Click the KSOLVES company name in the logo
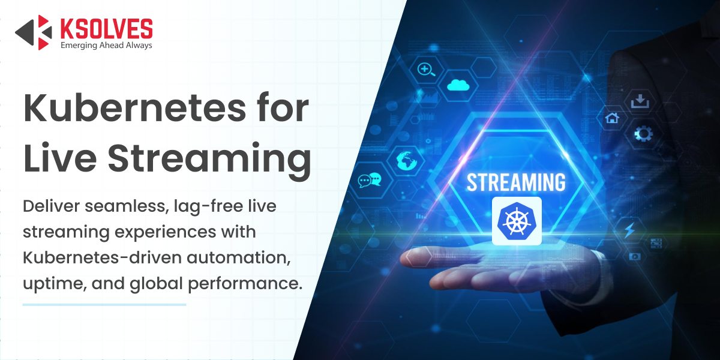coord(107,29)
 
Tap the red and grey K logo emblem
coord(34,32)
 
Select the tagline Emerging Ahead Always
coord(106,46)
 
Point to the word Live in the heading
coord(60,157)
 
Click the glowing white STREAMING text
coord(516,182)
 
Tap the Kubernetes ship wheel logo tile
coord(517,221)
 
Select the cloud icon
coord(458,85)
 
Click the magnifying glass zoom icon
coord(426,70)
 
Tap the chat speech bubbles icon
coord(370,180)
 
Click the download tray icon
coord(640,101)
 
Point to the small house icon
coord(612,118)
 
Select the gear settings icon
coord(643,133)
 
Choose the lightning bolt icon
coord(629,230)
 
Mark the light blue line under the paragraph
coord(104,304)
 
